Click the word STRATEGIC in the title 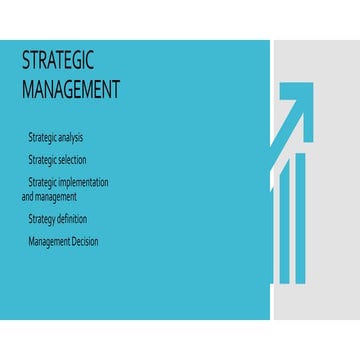pyautogui.click(x=57, y=61)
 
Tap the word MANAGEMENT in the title pyautogui.click(x=70, y=89)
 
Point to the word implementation pyautogui.click(x=84, y=183)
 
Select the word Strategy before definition pyautogui.click(x=43, y=219)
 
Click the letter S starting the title pyautogui.click(x=26, y=61)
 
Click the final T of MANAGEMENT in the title pyautogui.click(x=115, y=89)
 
